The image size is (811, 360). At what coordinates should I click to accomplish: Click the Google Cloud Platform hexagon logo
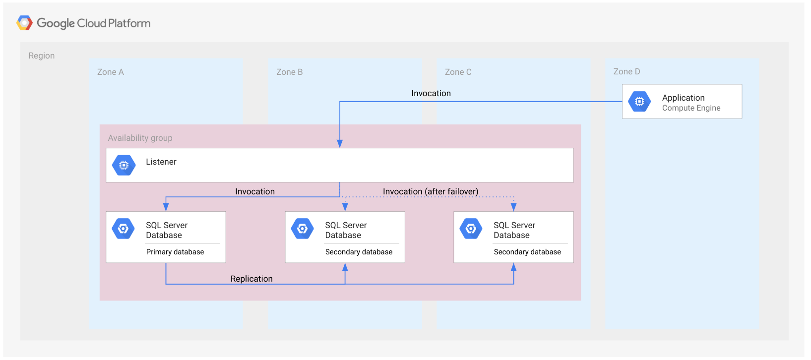coord(24,23)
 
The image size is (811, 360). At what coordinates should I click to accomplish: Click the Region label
coord(42,56)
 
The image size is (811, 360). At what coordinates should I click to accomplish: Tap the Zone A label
coord(110,72)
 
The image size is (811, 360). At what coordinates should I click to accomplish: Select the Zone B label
coord(289,72)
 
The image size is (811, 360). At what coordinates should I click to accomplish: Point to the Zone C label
coord(458,72)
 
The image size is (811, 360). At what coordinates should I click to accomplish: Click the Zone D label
coord(626,71)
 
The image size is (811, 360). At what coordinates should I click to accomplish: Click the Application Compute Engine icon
coord(639,101)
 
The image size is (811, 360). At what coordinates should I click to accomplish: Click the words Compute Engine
coord(691,108)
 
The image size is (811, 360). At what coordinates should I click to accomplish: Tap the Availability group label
coord(140,138)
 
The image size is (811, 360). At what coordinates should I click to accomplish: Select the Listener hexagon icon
coord(124,165)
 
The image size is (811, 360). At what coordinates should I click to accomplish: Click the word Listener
coord(161,162)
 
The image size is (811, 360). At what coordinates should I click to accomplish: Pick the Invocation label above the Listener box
coord(431,93)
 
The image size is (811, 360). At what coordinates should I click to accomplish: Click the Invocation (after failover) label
coord(430,191)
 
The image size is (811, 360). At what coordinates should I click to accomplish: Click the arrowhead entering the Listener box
coord(340,144)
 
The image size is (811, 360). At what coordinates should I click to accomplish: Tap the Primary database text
coord(175,252)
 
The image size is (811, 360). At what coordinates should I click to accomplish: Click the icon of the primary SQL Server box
coord(124,229)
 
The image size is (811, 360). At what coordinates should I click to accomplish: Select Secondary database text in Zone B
coord(359,252)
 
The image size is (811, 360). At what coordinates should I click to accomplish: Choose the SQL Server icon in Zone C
coord(471,229)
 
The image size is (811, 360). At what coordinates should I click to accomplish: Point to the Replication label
coord(251,279)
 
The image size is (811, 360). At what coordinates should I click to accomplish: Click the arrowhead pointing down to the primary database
coord(166,207)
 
